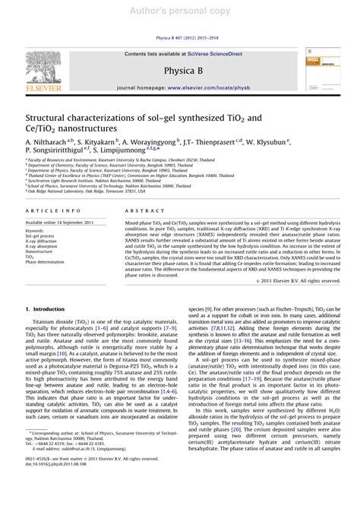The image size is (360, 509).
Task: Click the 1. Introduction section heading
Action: pyautogui.click(x=47, y=308)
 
